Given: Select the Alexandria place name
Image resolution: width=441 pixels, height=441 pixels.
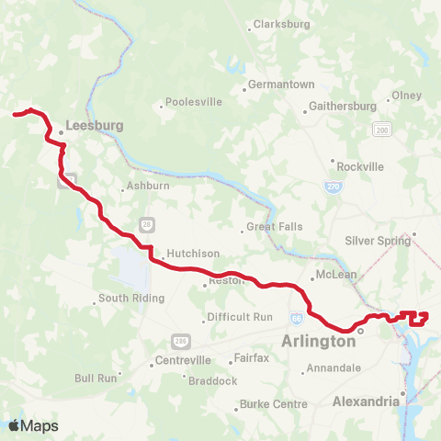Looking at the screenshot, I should (x=366, y=401).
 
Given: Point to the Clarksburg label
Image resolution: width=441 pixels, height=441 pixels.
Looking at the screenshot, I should (x=281, y=24).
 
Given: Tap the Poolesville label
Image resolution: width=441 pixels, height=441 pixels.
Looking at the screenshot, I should (x=195, y=103).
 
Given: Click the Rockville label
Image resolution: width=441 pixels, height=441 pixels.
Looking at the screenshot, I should (x=360, y=166).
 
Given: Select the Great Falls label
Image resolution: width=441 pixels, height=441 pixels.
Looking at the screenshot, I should (x=274, y=227).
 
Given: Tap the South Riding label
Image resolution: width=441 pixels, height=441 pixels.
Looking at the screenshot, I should (x=131, y=298).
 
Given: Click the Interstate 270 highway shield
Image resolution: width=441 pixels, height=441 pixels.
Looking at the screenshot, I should (x=333, y=187).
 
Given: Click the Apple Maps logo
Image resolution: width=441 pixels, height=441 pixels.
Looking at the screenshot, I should (x=32, y=425).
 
